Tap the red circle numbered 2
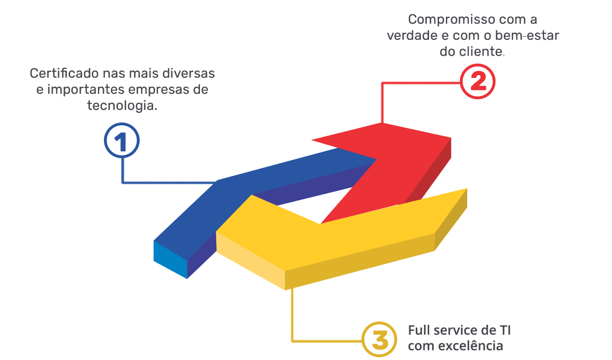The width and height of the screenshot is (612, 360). [x=478, y=82]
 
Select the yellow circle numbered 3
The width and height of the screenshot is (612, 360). [x=380, y=341]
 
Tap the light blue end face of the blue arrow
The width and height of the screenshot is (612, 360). [x=170, y=260]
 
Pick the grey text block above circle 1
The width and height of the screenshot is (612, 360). [x=123, y=95]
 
